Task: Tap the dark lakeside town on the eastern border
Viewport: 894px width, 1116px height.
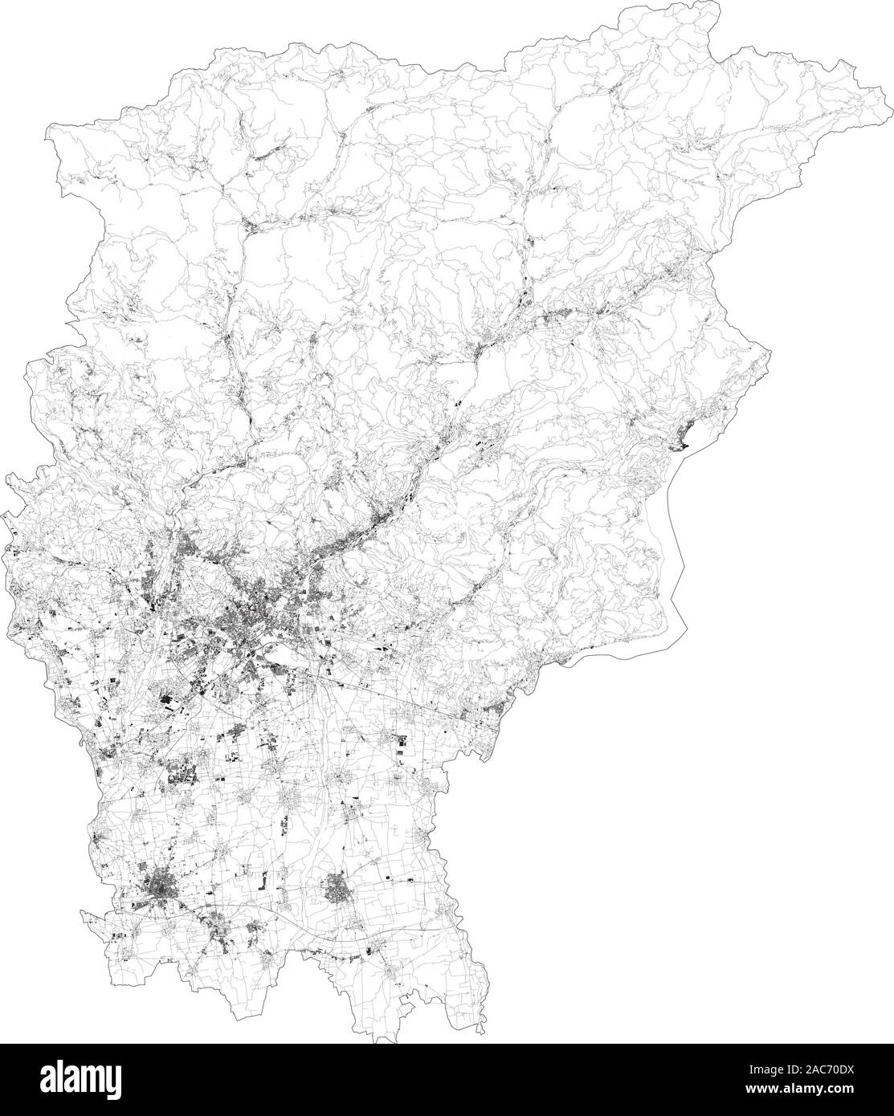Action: [683, 438]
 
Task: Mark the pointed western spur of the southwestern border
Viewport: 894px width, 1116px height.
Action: [81, 910]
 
